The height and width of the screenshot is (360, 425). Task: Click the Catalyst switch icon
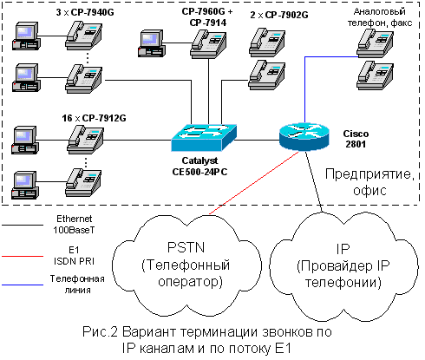pos(204,137)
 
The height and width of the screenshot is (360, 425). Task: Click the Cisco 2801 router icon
pos(304,136)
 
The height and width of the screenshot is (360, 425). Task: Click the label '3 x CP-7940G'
pos(85,12)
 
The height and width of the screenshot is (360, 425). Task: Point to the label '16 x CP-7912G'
pos(94,118)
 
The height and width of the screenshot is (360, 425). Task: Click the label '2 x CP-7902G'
pos(279,15)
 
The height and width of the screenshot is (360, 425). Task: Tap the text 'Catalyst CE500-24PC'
pos(199,167)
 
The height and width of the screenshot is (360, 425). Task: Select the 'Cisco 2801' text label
pos(356,139)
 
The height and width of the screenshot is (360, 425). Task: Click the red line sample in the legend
pos(23,256)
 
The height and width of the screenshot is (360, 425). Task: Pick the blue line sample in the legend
pos(23,285)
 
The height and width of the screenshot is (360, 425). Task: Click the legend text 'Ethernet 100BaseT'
pos(74,224)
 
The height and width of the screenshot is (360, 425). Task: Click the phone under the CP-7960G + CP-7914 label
pos(208,44)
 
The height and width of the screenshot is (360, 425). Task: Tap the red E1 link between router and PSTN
pos(254,183)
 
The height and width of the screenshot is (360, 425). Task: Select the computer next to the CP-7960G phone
pos(152,43)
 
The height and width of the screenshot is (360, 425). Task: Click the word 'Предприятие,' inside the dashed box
pos(369,174)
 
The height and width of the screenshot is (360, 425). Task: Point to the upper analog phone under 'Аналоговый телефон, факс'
pos(375,43)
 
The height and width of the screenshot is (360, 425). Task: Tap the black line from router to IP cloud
pos(314,181)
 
